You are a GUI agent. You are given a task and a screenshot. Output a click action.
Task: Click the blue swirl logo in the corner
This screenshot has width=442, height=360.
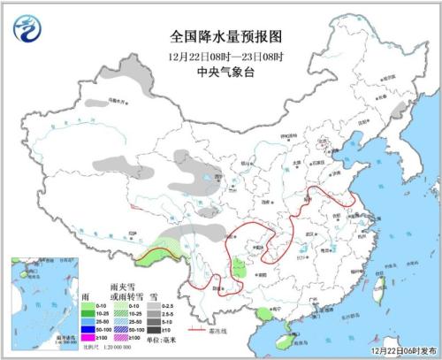[28, 29]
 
